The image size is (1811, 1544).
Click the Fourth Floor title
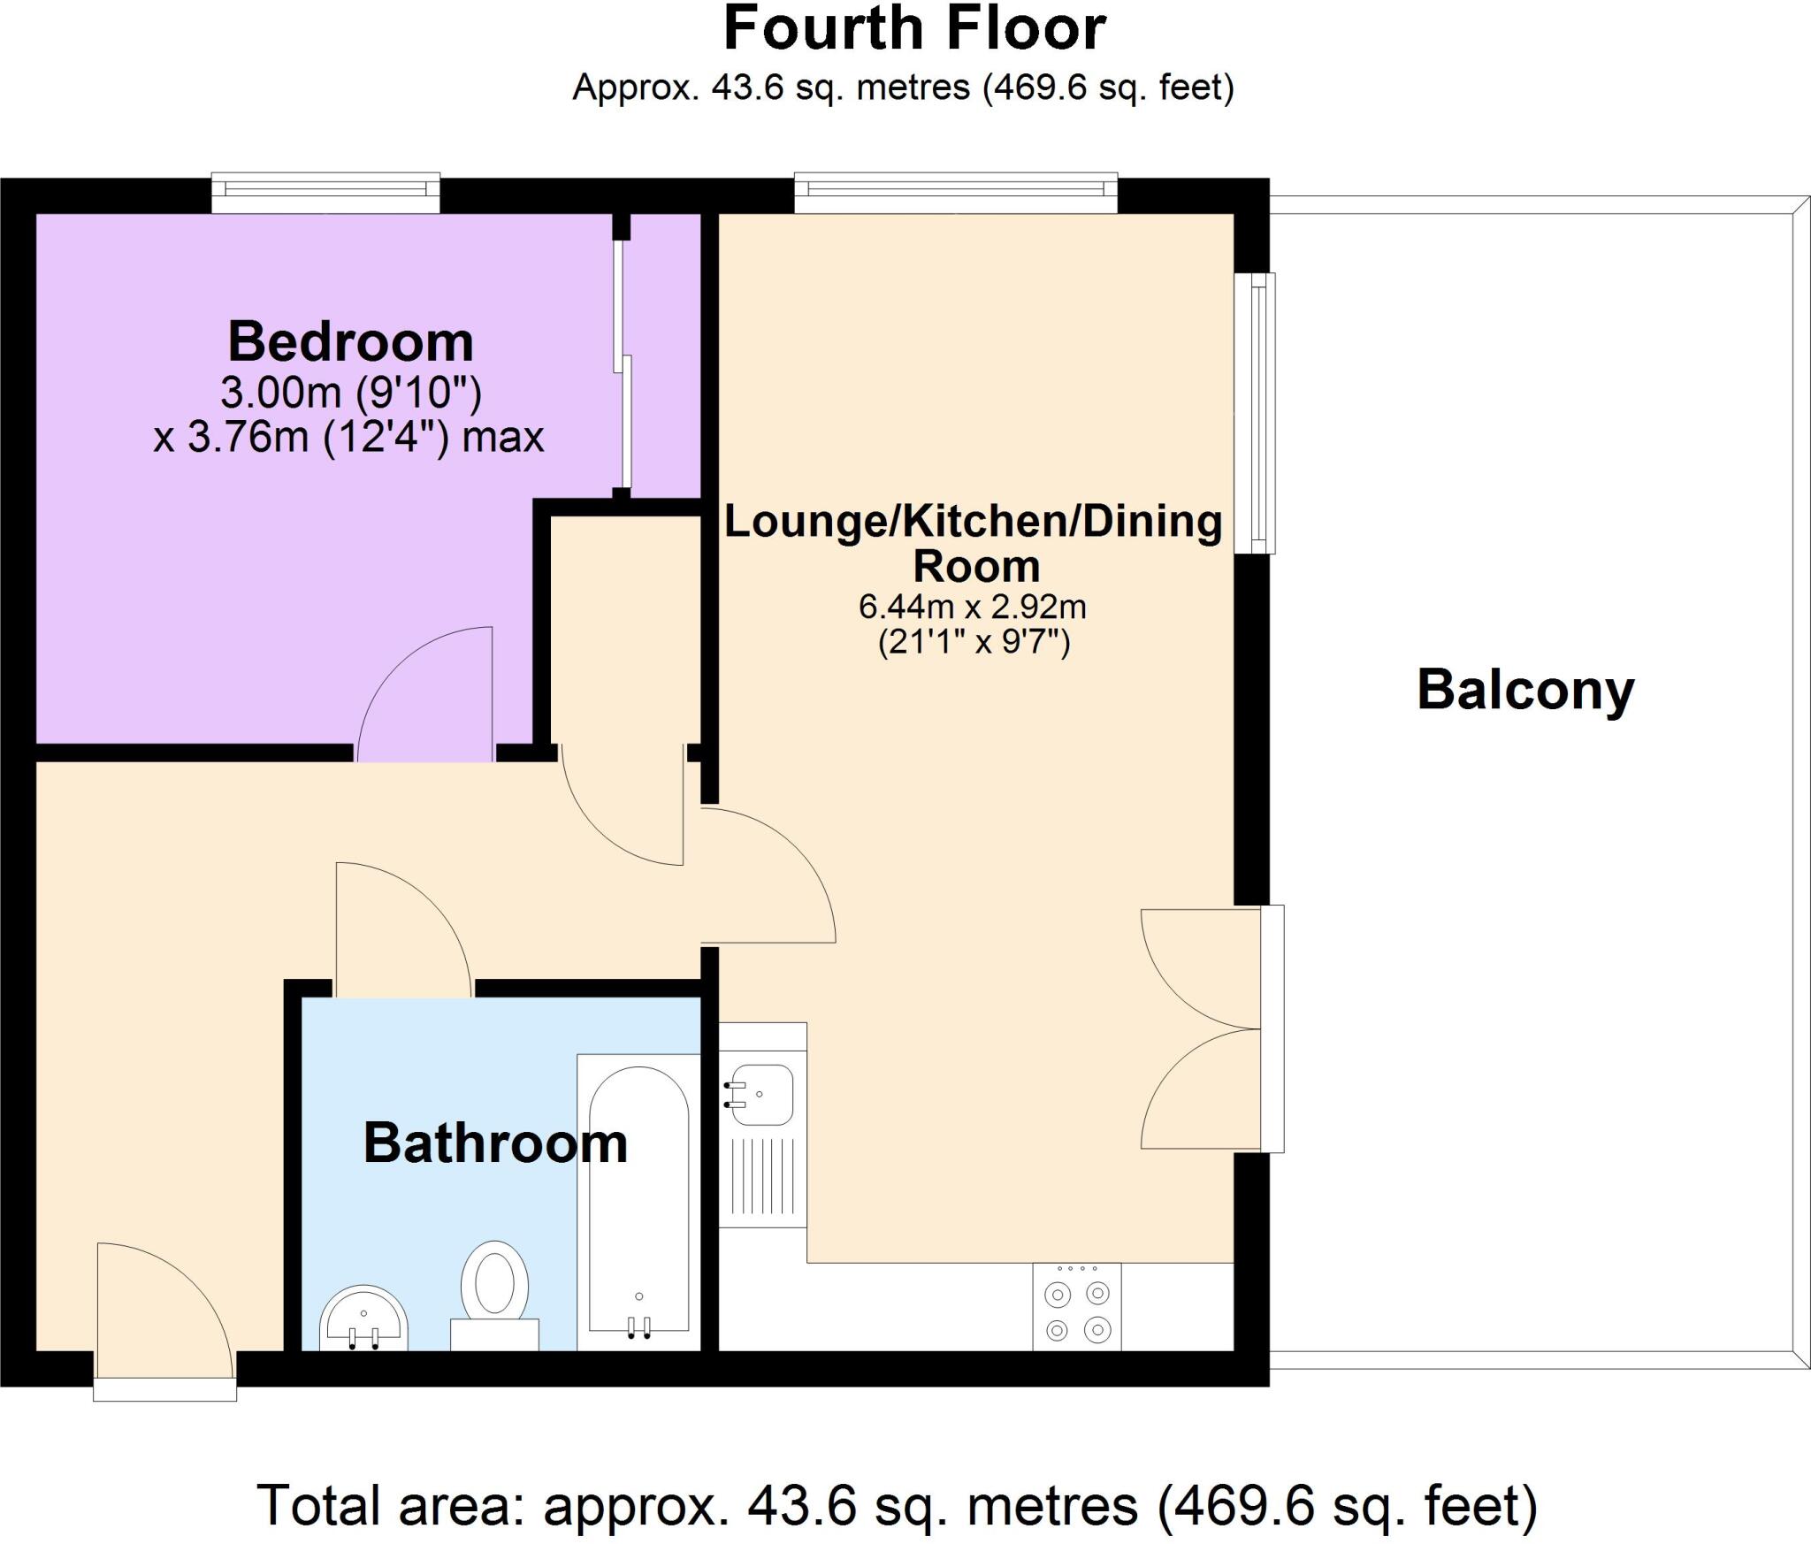pyautogui.click(x=914, y=30)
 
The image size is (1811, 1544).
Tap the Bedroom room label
pyautogui.click(x=350, y=342)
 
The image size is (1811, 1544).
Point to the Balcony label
pyautogui.click(x=1525, y=690)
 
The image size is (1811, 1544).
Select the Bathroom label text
pyautogui.click(x=495, y=1143)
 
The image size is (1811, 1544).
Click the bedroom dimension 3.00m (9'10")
pyautogui.click(x=350, y=392)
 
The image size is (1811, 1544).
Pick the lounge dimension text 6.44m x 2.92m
pyautogui.click(x=973, y=607)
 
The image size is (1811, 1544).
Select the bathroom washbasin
pyautogui.click(x=363, y=1319)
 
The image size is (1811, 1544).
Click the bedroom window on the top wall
pyautogui.click(x=325, y=190)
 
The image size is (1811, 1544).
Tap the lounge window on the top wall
pyautogui.click(x=955, y=190)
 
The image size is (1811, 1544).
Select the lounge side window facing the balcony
pyautogui.click(x=1262, y=413)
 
